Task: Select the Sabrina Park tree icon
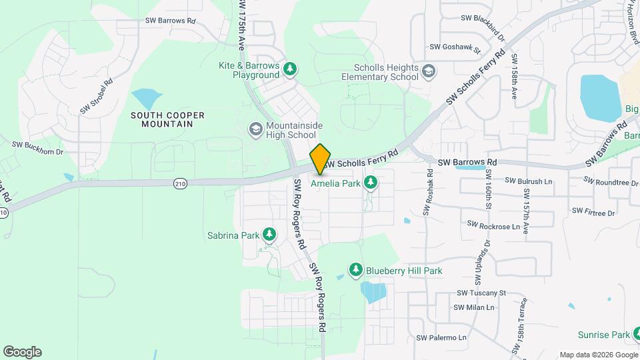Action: point(269,234)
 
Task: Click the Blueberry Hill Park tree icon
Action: point(356,270)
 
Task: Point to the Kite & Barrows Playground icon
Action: point(289,69)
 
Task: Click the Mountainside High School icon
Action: point(255,127)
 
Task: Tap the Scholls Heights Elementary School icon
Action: point(429,70)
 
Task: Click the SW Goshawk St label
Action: point(455,47)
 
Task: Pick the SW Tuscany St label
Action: point(482,293)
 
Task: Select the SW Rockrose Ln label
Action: point(493,226)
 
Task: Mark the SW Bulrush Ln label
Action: point(529,181)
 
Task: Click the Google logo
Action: point(22,352)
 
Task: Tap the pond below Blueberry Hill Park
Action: point(373,293)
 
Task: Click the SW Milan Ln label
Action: point(473,307)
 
